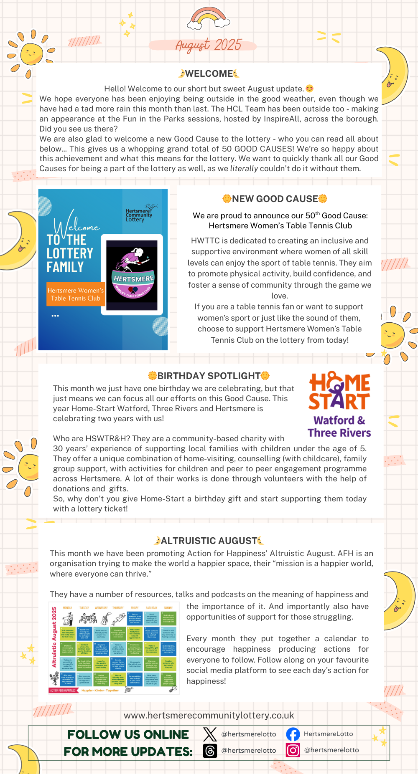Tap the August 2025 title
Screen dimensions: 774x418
208,45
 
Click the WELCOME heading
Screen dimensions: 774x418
209,74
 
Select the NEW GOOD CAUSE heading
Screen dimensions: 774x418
275,199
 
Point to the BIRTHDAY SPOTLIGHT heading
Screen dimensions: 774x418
209,376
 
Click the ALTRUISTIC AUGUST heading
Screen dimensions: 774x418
209,541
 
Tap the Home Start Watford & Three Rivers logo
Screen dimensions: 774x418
339,404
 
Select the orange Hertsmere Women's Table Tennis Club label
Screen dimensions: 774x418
76,294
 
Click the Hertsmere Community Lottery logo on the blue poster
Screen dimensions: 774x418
141,213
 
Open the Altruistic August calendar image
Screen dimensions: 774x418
114,648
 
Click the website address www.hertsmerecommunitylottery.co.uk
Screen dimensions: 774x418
209,716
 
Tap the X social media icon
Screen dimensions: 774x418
210,734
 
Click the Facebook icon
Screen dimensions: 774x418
293,734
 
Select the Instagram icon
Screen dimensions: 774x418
293,751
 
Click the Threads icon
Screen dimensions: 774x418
210,751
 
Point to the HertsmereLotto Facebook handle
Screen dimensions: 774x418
328,734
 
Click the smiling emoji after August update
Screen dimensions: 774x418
309,89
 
